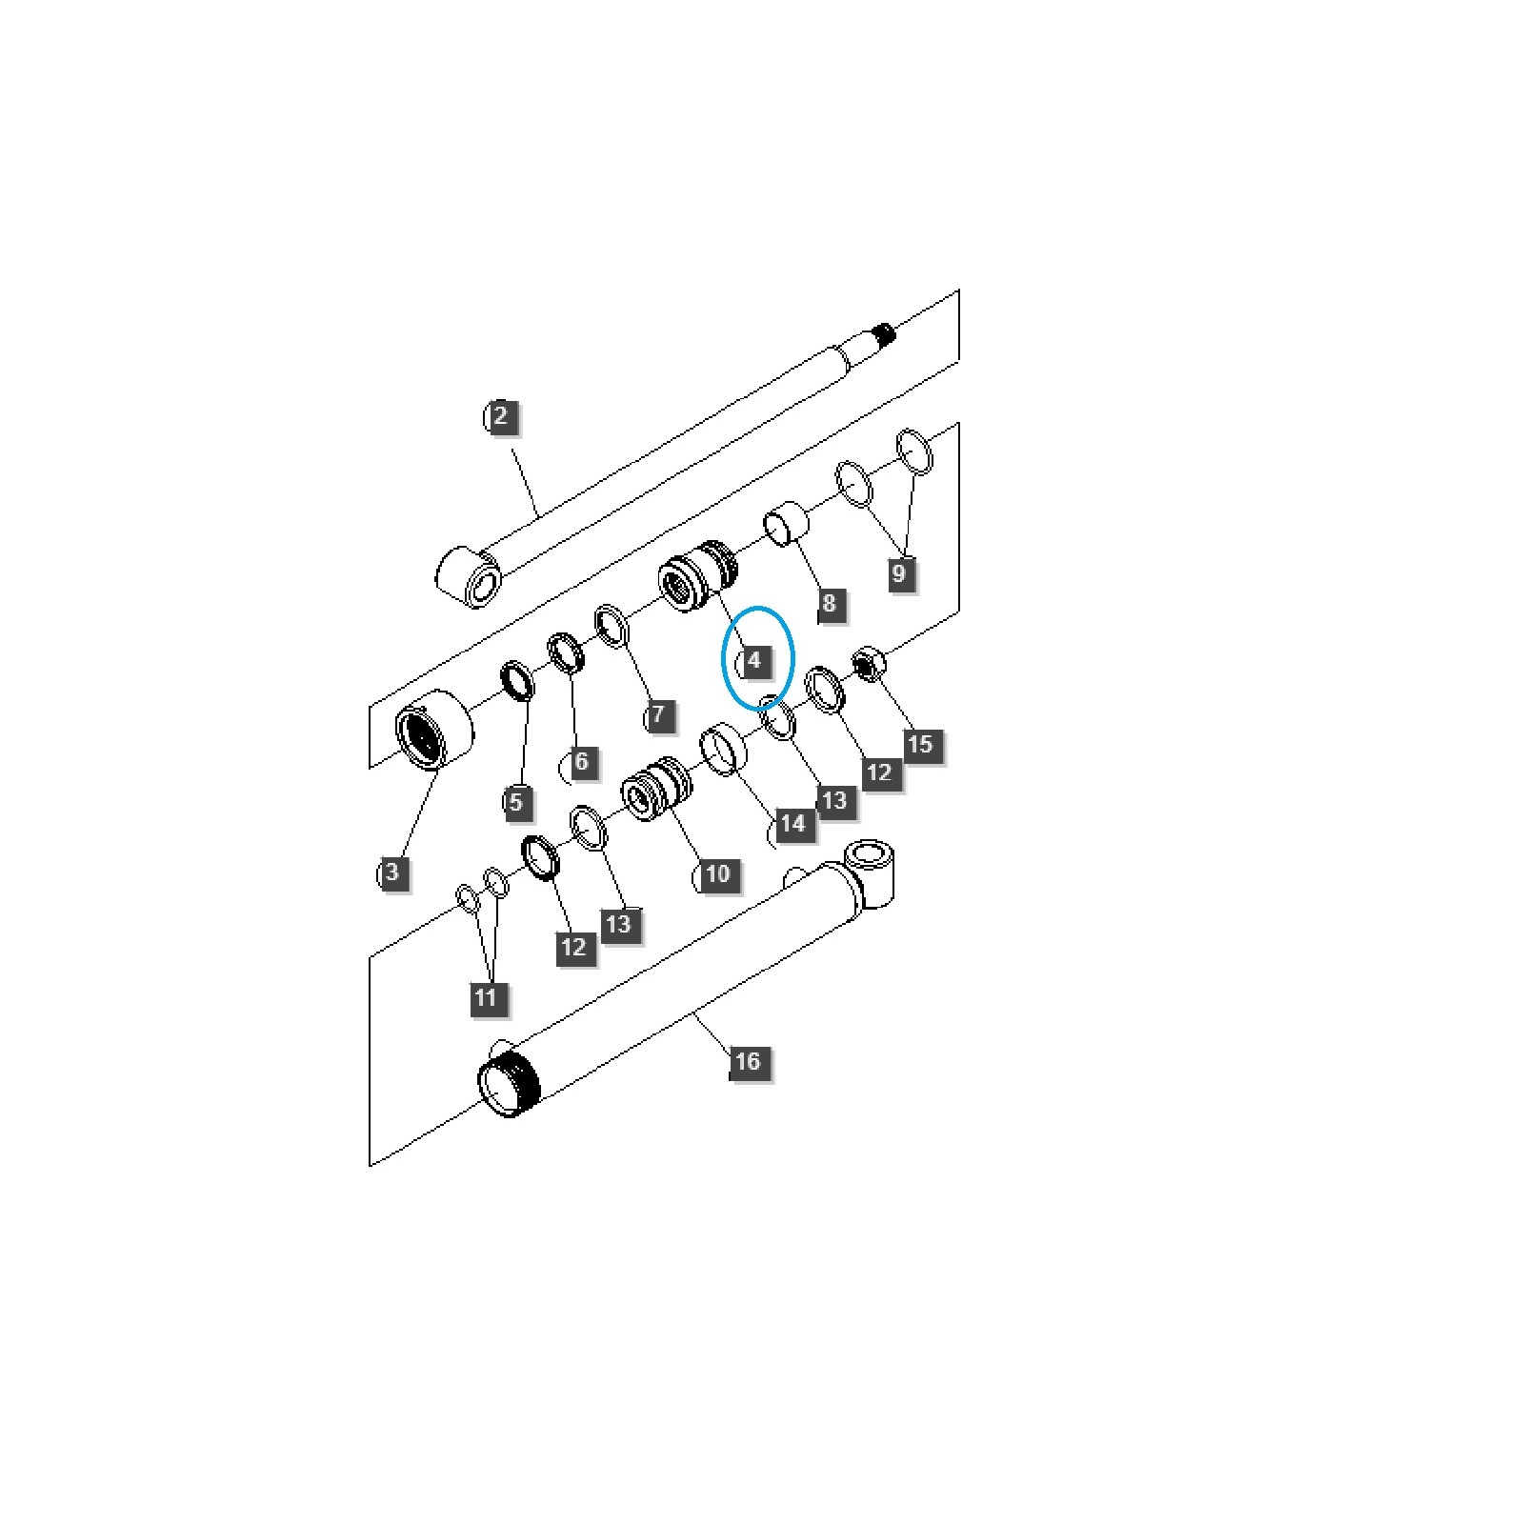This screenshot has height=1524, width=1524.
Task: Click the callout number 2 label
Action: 501,416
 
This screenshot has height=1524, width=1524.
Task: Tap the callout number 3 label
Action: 392,872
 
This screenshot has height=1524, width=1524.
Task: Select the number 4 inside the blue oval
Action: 755,659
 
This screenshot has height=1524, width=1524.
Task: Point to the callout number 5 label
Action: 515,801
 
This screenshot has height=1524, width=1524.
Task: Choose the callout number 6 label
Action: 581,761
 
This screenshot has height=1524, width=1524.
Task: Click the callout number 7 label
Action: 658,713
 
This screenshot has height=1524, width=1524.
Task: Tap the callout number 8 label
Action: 829,603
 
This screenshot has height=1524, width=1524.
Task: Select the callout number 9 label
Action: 898,573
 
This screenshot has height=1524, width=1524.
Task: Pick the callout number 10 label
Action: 717,873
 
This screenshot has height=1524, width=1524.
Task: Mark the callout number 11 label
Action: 486,997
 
